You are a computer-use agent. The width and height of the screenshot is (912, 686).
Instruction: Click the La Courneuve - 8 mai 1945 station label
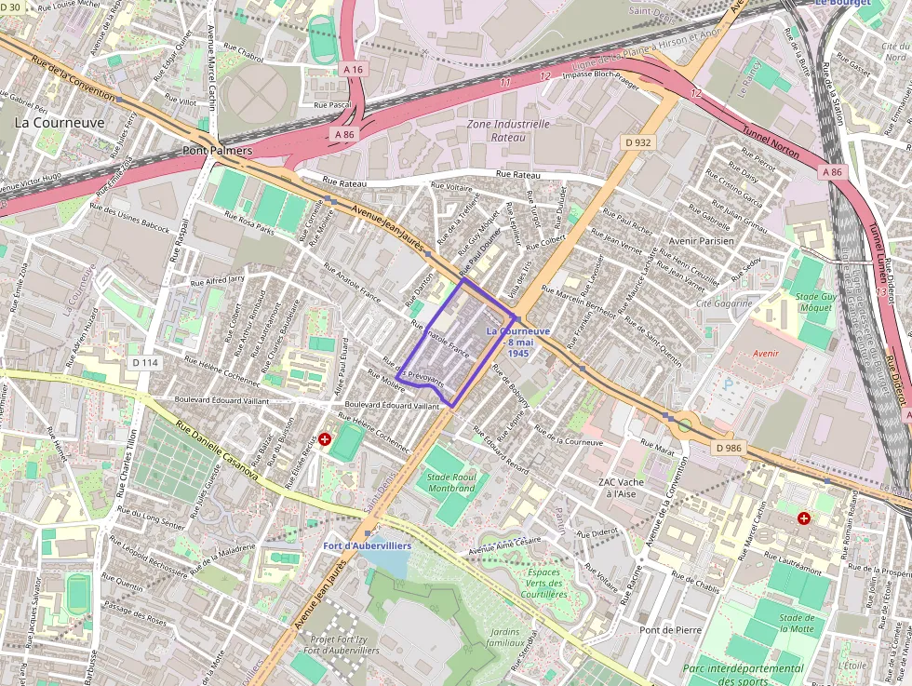[518, 342]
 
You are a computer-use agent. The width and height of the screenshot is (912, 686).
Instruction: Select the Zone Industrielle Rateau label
[509, 130]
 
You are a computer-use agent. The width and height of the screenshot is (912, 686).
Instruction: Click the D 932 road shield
[637, 142]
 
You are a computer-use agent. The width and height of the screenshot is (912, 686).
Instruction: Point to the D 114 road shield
[145, 362]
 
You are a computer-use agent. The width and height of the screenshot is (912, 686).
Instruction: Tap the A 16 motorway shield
[352, 69]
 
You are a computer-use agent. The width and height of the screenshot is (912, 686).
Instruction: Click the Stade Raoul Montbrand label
[450, 482]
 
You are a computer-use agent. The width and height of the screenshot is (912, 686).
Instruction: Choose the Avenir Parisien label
[702, 240]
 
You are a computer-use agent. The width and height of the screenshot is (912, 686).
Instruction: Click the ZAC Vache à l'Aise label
[621, 488]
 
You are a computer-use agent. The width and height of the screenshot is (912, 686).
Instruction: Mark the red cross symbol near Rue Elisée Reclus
[325, 438]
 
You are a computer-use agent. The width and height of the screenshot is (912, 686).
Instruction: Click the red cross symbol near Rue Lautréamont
[803, 517]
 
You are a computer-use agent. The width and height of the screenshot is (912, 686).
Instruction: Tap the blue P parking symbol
[728, 383]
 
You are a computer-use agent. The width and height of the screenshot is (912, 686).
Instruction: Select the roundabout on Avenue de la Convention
[685, 425]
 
